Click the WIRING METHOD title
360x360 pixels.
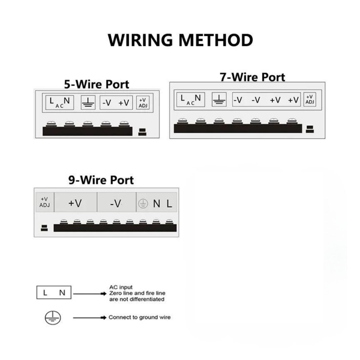click(180, 40)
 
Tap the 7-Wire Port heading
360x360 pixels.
click(252, 77)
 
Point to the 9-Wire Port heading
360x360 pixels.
click(101, 180)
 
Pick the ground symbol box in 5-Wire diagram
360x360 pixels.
click(88, 103)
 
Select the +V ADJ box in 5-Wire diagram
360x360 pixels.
click(144, 103)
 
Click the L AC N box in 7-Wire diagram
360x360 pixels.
click(191, 99)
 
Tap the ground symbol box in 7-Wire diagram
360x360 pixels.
click(219, 99)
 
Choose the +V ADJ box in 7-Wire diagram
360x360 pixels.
click(310, 99)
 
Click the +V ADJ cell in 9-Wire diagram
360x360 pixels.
click(45, 202)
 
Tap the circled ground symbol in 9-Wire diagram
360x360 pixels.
click(142, 203)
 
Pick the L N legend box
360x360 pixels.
click(54, 293)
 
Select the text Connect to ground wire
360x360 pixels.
click(139, 317)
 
